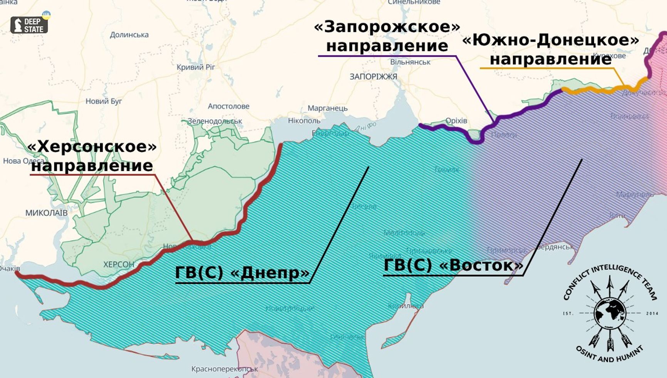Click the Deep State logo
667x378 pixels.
pos(29,25)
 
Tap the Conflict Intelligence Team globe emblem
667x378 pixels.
pos(610,313)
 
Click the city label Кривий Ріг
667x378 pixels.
pos(196,67)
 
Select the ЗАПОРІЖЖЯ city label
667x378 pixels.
pos(373,77)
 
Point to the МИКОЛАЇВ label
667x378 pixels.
pos(46,213)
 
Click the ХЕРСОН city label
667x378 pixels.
pos(119,265)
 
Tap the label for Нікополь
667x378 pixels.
pos(304,121)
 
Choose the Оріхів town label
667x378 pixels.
pos(456,121)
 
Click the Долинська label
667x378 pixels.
pos(129,35)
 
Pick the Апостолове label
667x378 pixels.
pos(228,106)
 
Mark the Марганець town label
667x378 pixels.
pos(327,108)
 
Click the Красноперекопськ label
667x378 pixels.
pos(225,369)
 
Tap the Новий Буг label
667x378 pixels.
pos(104,102)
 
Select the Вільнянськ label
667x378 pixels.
pos(410,62)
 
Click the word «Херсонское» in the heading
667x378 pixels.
pos(92,147)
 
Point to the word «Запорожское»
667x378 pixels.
pos(387,27)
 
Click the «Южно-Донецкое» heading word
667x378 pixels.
pos(550,40)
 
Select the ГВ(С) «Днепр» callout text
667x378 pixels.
pos(242,272)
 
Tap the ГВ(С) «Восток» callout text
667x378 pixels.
pos(454,265)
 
